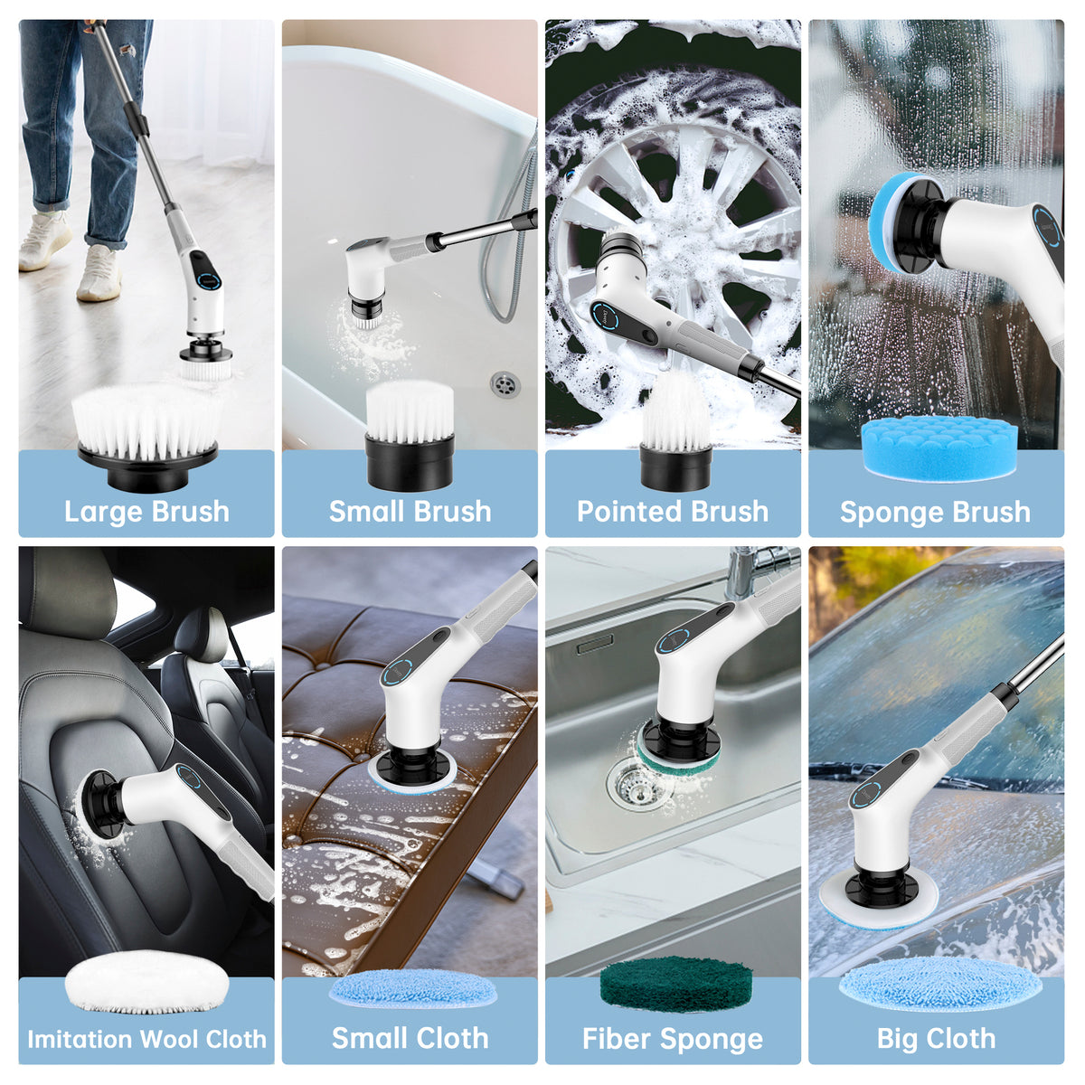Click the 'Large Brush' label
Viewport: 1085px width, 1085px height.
(x=146, y=511)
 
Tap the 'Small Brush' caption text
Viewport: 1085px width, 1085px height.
(x=410, y=511)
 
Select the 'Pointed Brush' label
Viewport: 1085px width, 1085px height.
(x=673, y=511)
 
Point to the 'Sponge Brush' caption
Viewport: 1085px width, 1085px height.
(x=935, y=512)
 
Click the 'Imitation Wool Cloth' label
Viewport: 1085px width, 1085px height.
(x=146, y=1039)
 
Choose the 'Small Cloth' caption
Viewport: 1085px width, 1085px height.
(x=410, y=1038)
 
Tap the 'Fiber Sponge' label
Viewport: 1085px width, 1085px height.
(x=673, y=1039)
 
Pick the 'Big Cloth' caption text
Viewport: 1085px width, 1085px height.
(x=936, y=1039)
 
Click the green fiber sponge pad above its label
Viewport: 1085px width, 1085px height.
(x=676, y=984)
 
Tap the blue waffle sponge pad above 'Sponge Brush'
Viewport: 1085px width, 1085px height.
(x=939, y=448)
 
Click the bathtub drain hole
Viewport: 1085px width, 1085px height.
(x=505, y=383)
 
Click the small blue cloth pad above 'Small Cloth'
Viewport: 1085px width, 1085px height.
(x=413, y=987)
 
